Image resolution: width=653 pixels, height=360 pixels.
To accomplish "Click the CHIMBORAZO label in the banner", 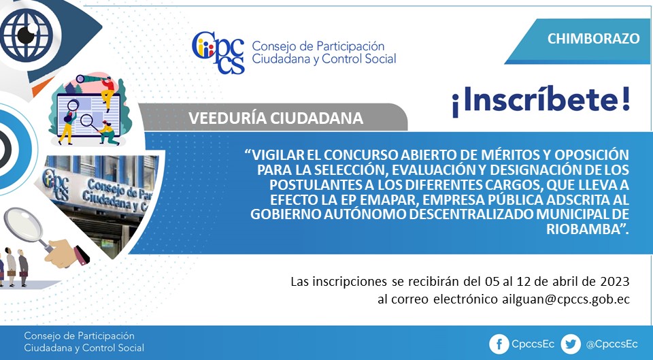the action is coord(593,38).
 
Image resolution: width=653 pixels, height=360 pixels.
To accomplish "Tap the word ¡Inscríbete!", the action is coord(541,101).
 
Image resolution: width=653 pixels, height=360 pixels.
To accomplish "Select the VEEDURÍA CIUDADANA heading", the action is coord(275,118).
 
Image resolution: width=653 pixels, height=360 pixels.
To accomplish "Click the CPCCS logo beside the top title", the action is coord(218,52).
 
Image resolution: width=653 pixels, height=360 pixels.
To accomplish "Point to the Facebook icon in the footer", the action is coord(499,344).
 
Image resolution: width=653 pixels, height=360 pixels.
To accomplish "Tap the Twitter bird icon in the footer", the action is coord(571,344).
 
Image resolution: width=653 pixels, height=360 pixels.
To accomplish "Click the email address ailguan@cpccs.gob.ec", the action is coord(566,299).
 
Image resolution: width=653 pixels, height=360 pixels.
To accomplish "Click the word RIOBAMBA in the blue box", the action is coord(584,229).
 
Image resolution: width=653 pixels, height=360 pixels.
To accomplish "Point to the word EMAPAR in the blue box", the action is coord(388,199).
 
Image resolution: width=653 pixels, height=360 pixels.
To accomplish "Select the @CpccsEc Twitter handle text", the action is coord(612,344).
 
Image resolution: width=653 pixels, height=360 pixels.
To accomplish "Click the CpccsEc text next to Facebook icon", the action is coord(533,344).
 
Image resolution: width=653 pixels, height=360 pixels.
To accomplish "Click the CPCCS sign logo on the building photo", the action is coord(56,184).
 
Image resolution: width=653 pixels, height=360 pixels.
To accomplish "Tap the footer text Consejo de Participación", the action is coord(79,336).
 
